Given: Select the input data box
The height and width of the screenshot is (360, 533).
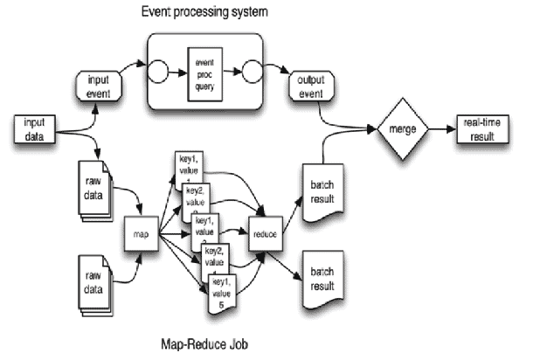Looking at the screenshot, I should pos(34,129).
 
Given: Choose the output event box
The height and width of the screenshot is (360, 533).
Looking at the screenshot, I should pos(305,85).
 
